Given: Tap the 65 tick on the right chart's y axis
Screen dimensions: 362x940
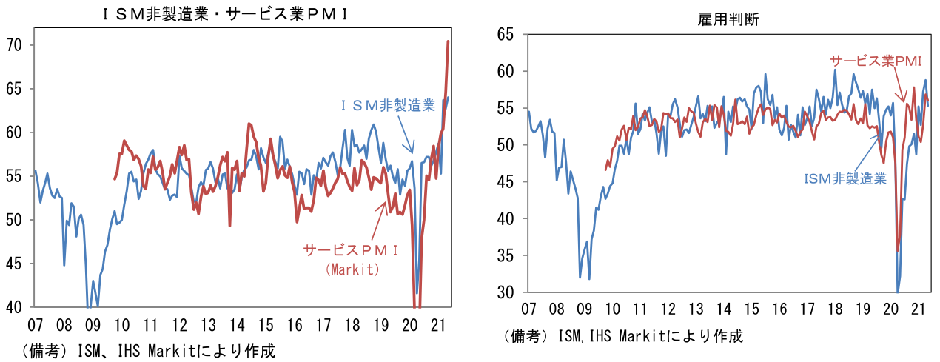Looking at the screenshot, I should coord(506,34).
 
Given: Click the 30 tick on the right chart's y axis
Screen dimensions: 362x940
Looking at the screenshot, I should coord(506,293).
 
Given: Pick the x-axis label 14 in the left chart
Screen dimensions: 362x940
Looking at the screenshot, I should coord(236,324).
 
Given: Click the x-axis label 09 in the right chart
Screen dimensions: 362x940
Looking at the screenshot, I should coord(584,308).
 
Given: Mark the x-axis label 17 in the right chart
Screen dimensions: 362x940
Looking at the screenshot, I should coord(807,308).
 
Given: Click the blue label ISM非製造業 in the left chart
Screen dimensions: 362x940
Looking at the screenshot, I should coord(389,106).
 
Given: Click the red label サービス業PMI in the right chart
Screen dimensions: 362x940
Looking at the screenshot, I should coord(875,61).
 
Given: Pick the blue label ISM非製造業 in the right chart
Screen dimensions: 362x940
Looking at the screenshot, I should coord(845,178).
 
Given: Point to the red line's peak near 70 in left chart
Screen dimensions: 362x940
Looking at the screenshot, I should coord(449,41).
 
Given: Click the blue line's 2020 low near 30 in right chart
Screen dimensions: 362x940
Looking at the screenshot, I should coord(898,291).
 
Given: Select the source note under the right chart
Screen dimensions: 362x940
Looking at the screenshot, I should coord(622,336).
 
